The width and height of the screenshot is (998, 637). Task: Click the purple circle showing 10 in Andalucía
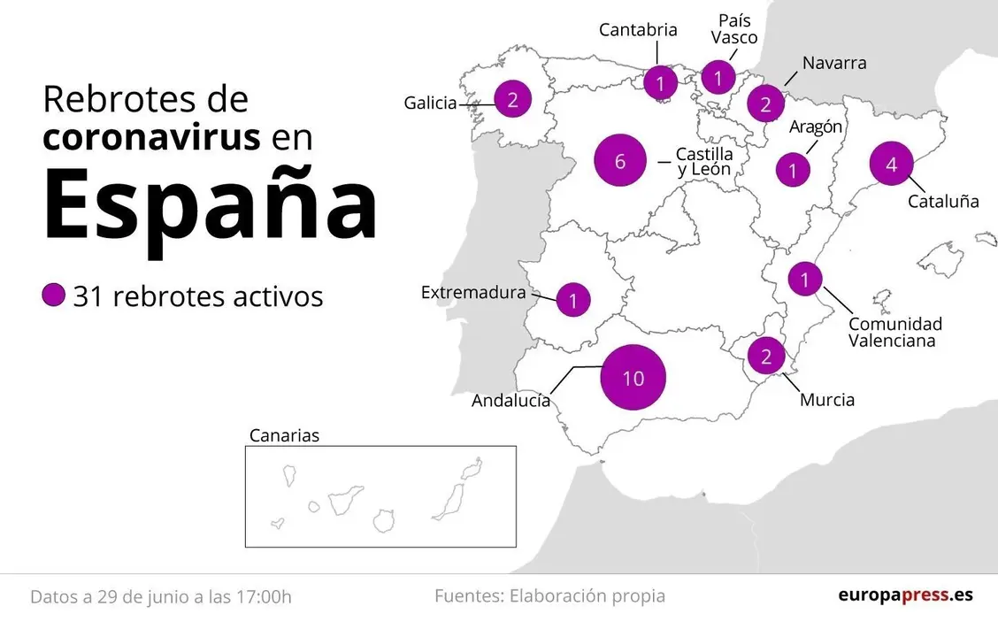click(633, 378)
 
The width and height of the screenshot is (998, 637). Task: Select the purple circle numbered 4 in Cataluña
click(891, 164)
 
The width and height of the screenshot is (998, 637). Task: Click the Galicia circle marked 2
click(512, 100)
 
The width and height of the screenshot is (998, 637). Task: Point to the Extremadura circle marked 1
click(573, 301)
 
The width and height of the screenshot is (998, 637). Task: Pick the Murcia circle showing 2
click(766, 357)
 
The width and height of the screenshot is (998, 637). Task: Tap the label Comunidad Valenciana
click(894, 332)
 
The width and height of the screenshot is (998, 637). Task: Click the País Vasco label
click(734, 28)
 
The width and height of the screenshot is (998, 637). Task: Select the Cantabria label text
click(638, 29)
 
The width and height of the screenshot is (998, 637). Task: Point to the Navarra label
click(834, 63)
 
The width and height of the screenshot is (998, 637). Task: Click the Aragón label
click(816, 127)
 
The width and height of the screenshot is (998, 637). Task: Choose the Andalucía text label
click(511, 401)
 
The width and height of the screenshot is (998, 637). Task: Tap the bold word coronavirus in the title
click(152, 137)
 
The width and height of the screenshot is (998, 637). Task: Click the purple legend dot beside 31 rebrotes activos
click(54, 295)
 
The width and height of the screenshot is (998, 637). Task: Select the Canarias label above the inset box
click(284, 435)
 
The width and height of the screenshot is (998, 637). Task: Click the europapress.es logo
click(905, 595)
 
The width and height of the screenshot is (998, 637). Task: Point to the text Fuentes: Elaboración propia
click(549, 596)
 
